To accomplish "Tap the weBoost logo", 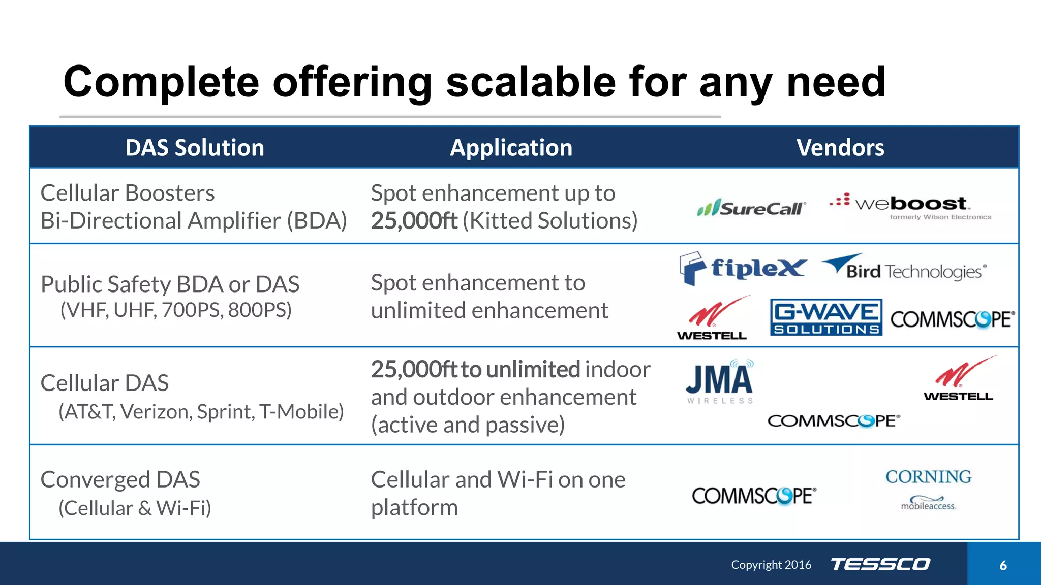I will tap(910, 206).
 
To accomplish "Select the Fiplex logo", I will tap(742, 269).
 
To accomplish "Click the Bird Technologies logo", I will tap(904, 268).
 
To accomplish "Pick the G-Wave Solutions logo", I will tap(826, 317).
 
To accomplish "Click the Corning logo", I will tap(928, 477).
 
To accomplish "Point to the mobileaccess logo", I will tap(928, 503).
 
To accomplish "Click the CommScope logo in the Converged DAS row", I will tap(754, 496).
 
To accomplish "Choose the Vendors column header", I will tap(840, 148).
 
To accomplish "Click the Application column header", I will tap(511, 148).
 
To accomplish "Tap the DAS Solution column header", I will tap(195, 148).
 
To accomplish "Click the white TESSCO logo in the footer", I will tap(880, 564).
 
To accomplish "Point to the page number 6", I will tap(1003, 565).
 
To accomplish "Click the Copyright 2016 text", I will tap(771, 565).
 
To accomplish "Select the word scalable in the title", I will tap(531, 82).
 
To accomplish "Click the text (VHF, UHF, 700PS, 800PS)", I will tap(176, 310).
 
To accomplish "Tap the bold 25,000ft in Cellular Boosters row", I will tap(414, 221).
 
